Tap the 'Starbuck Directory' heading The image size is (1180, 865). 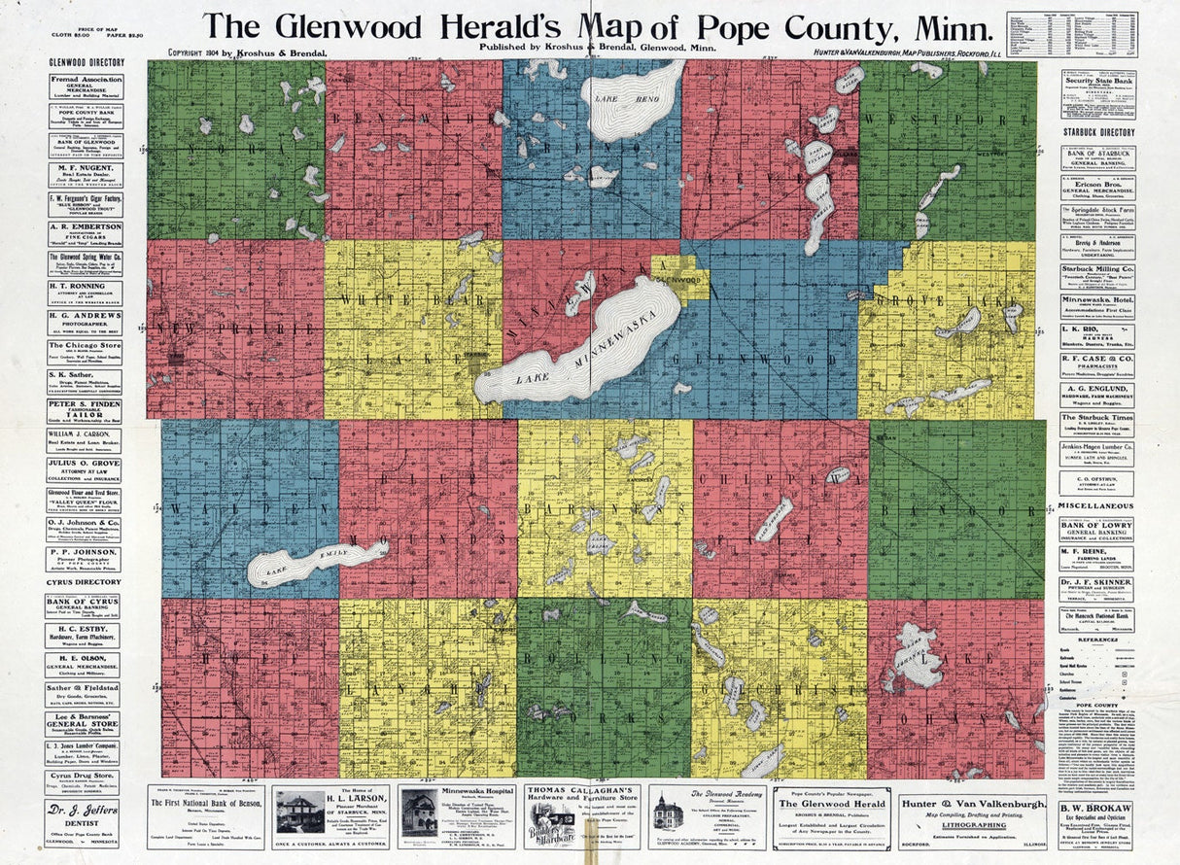pyautogui.click(x=1096, y=132)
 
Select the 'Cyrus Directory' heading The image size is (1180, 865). pyautogui.click(x=84, y=582)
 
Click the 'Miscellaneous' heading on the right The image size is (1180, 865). pyautogui.click(x=1096, y=506)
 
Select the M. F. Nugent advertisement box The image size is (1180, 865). pyautogui.click(x=85, y=174)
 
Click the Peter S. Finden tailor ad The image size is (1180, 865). pyautogui.click(x=85, y=407)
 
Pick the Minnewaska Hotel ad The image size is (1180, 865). pyautogui.click(x=1096, y=304)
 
